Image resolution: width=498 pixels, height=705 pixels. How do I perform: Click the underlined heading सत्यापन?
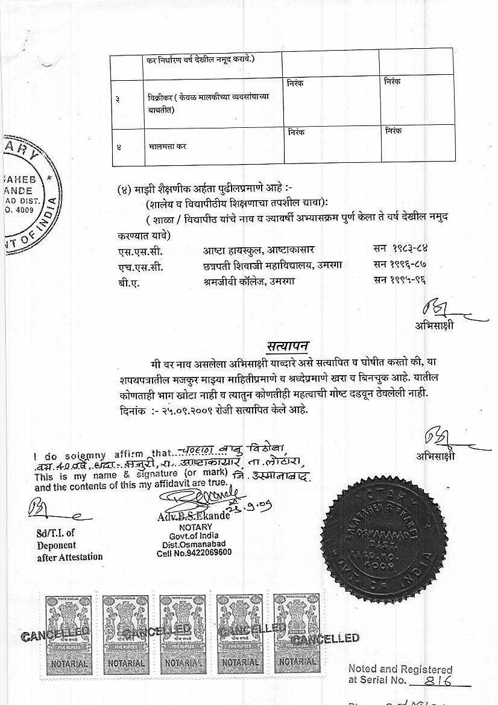click(288, 347)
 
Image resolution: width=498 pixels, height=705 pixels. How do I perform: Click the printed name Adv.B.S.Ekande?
click(193, 516)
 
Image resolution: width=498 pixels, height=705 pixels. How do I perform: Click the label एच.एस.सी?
click(140, 266)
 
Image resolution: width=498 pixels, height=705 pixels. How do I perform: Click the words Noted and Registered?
click(400, 669)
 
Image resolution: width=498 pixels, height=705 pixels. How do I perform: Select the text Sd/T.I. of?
click(54, 533)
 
